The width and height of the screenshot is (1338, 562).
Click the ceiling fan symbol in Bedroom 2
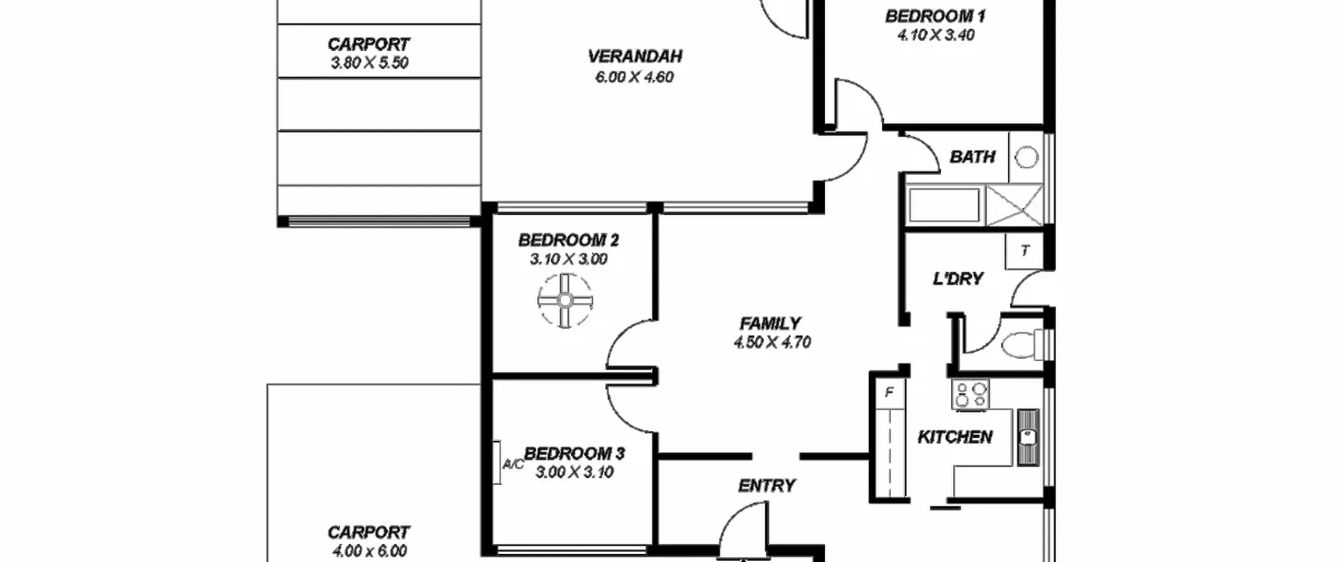coord(565,301)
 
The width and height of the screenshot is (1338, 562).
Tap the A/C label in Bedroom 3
coord(513,464)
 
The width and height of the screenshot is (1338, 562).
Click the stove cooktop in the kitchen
coord(970,394)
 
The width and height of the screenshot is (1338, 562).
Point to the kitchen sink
coord(1028,438)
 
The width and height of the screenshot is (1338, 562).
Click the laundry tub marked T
coord(1024,251)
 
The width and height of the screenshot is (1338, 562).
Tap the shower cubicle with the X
coord(1013,205)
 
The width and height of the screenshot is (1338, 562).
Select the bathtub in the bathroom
coord(944,205)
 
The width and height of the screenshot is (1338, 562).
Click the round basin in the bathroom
coord(1026,157)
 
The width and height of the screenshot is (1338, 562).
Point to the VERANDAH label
coord(635,56)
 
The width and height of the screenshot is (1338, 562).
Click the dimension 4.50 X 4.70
coord(772,342)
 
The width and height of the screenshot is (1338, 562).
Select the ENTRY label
coord(767,486)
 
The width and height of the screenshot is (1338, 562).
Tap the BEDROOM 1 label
coord(935,16)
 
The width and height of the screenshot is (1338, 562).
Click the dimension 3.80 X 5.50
coord(370,63)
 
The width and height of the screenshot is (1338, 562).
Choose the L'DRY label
coord(958,279)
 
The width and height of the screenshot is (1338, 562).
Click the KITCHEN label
coord(955,437)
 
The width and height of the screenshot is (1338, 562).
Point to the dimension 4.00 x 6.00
coord(369,550)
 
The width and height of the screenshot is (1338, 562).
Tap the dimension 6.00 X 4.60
coord(635,77)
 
